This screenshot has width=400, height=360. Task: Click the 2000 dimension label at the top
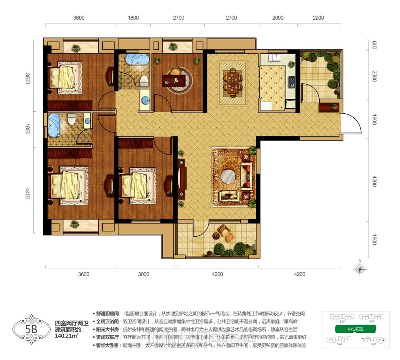pyautogui.click(x=278, y=18)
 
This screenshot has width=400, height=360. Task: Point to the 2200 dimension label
pyautogui.click(x=318, y=18)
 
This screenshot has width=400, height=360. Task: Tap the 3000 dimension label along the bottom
pyautogui.click(x=143, y=274)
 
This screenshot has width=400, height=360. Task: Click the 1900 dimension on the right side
pyautogui.click(x=374, y=119)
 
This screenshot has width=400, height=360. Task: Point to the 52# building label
pyautogui.click(x=371, y=321)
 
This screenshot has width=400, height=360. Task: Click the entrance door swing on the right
pyautogui.click(x=352, y=124)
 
